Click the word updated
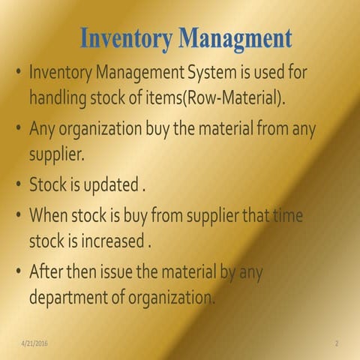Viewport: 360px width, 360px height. (112, 184)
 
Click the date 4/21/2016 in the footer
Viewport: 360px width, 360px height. (35, 343)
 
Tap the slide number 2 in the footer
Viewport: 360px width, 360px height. (337, 343)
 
